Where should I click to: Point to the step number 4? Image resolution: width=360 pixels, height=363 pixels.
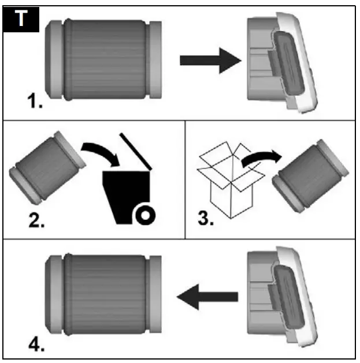click(35, 345)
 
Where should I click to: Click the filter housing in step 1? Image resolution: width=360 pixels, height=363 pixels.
click(280, 61)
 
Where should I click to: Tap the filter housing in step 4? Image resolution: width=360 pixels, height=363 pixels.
click(280, 297)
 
